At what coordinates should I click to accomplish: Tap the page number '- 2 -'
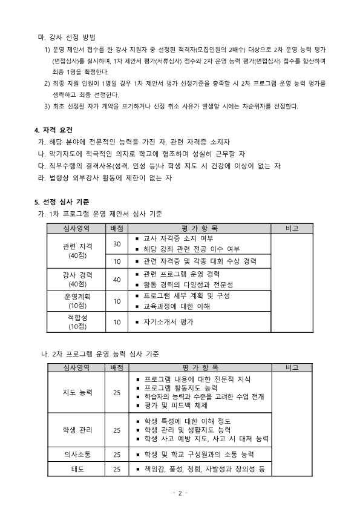point(180,493)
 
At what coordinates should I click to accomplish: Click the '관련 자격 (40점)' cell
point(77,251)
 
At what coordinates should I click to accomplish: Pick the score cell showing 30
point(117,244)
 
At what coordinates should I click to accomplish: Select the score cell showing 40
point(117,279)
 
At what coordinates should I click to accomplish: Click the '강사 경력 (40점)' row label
point(77,279)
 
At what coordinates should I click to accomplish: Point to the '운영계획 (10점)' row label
point(77,301)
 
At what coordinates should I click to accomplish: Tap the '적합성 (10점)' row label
point(77,322)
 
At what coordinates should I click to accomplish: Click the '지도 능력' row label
point(77,392)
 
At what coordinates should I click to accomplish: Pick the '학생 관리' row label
point(77,430)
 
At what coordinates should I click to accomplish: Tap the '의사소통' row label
point(77,454)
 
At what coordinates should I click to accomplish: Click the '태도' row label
point(77,469)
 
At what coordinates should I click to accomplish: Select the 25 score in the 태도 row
point(117,469)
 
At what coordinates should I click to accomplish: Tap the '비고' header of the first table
point(292,228)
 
